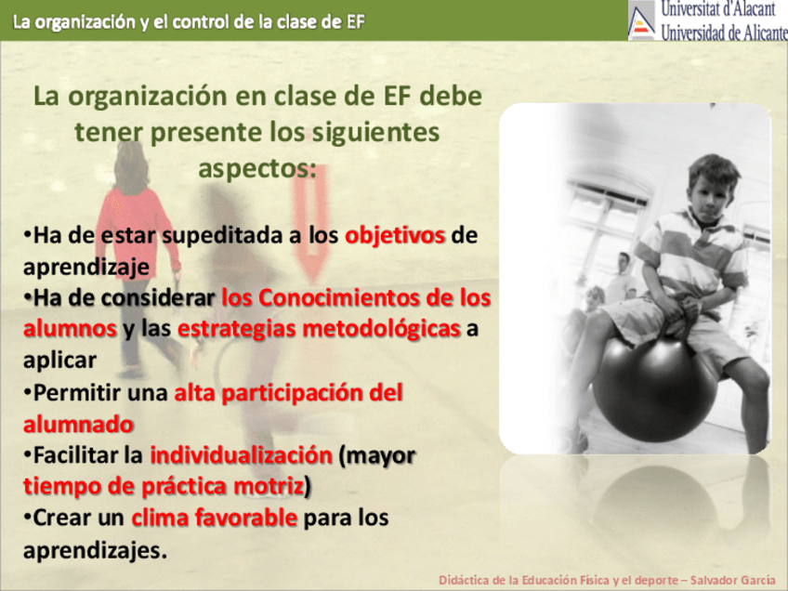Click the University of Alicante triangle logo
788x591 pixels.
click(x=642, y=20)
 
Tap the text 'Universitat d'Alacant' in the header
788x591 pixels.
click(x=718, y=9)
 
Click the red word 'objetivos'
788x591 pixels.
click(x=395, y=235)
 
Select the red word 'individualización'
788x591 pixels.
click(x=242, y=455)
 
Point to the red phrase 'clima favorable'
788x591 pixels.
click(x=215, y=518)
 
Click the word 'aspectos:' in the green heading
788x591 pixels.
click(x=257, y=168)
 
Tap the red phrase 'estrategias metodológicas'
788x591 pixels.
click(x=319, y=329)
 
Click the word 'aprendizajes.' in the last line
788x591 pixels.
click(x=95, y=550)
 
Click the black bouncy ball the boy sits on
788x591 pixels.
click(x=654, y=390)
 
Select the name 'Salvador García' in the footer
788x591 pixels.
click(x=732, y=581)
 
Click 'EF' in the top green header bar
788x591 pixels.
click(x=355, y=22)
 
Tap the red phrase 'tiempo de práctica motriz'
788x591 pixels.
click(x=164, y=487)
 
